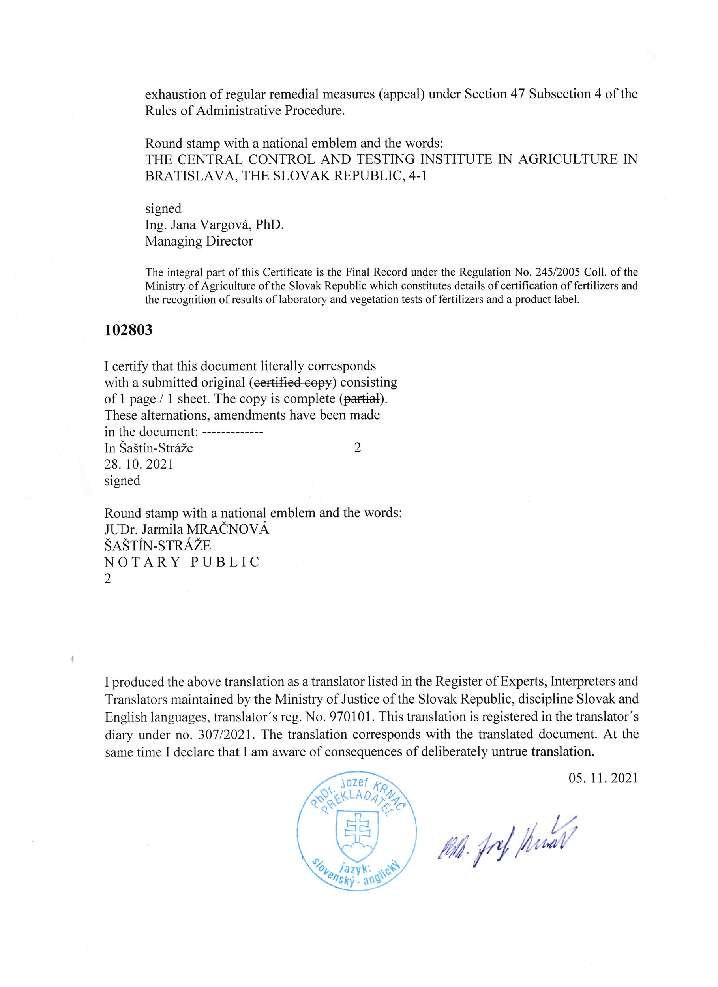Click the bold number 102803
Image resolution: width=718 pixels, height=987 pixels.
(129, 331)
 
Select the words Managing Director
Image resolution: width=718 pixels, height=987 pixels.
(199, 241)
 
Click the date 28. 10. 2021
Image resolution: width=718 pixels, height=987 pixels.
(139, 464)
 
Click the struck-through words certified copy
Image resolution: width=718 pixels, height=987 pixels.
(293, 383)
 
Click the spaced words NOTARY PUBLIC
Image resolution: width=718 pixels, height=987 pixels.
(182, 562)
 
